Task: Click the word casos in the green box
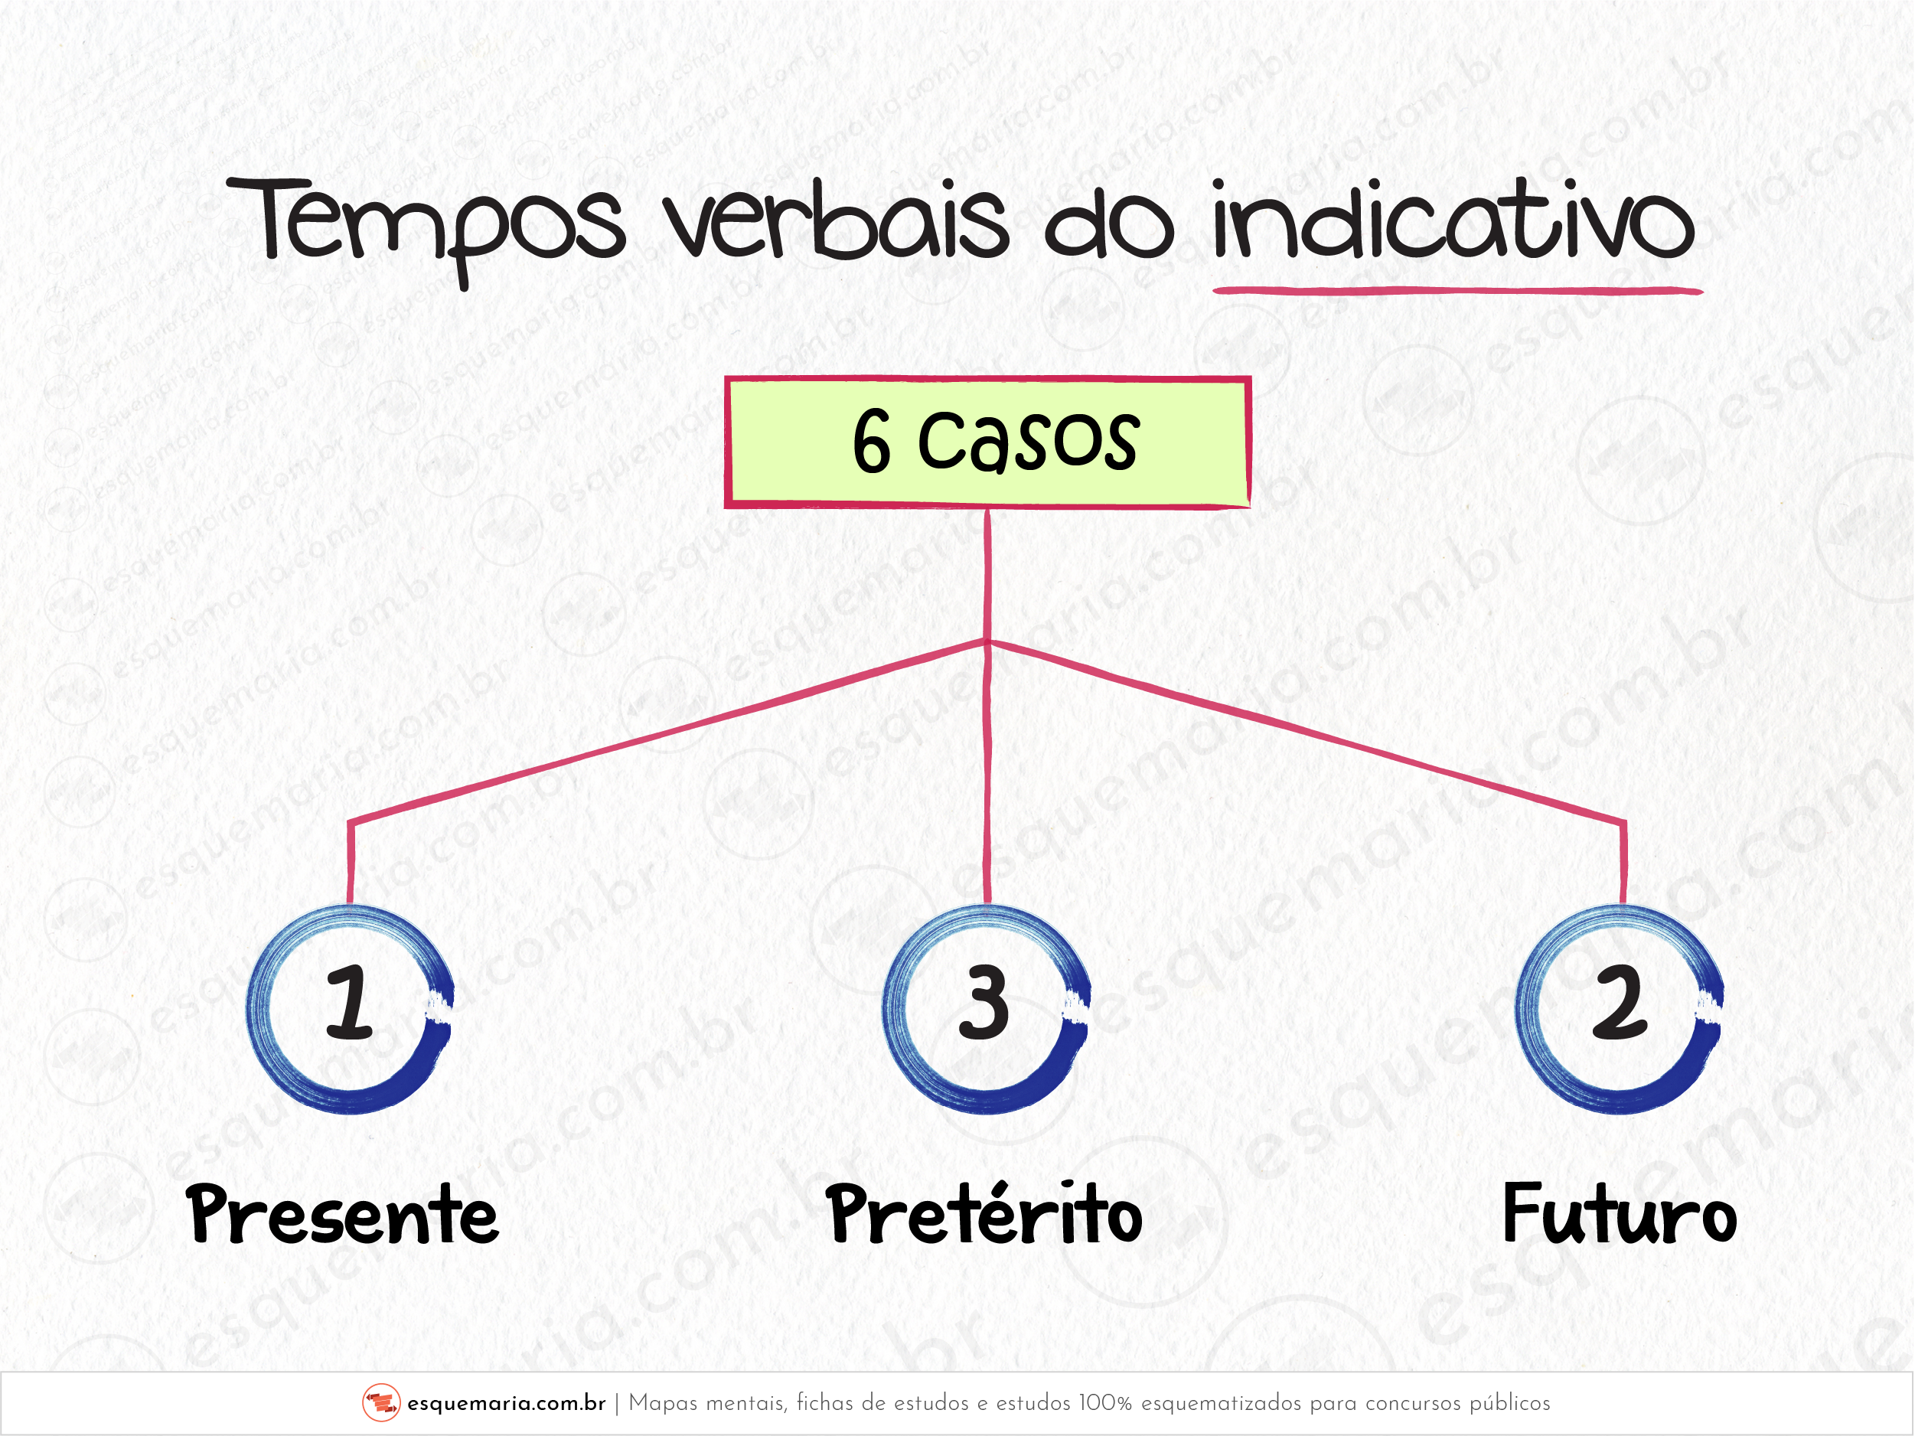(x=1029, y=442)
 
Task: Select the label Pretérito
(x=984, y=1212)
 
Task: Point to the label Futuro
(x=1620, y=1213)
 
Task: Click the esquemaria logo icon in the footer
(x=381, y=1403)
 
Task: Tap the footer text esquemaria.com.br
(x=507, y=1404)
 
